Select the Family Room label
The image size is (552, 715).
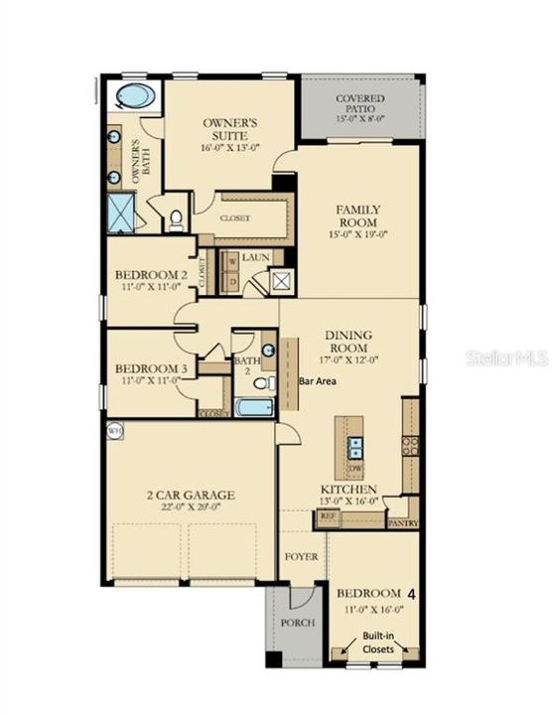click(358, 215)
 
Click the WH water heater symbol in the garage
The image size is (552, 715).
click(115, 431)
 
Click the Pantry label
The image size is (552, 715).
click(402, 522)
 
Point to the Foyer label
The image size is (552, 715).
click(302, 557)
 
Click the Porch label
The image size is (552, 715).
click(298, 623)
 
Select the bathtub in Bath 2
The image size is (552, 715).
click(254, 407)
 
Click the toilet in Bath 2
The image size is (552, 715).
click(263, 382)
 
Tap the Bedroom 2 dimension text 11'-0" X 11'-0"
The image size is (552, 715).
click(151, 289)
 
